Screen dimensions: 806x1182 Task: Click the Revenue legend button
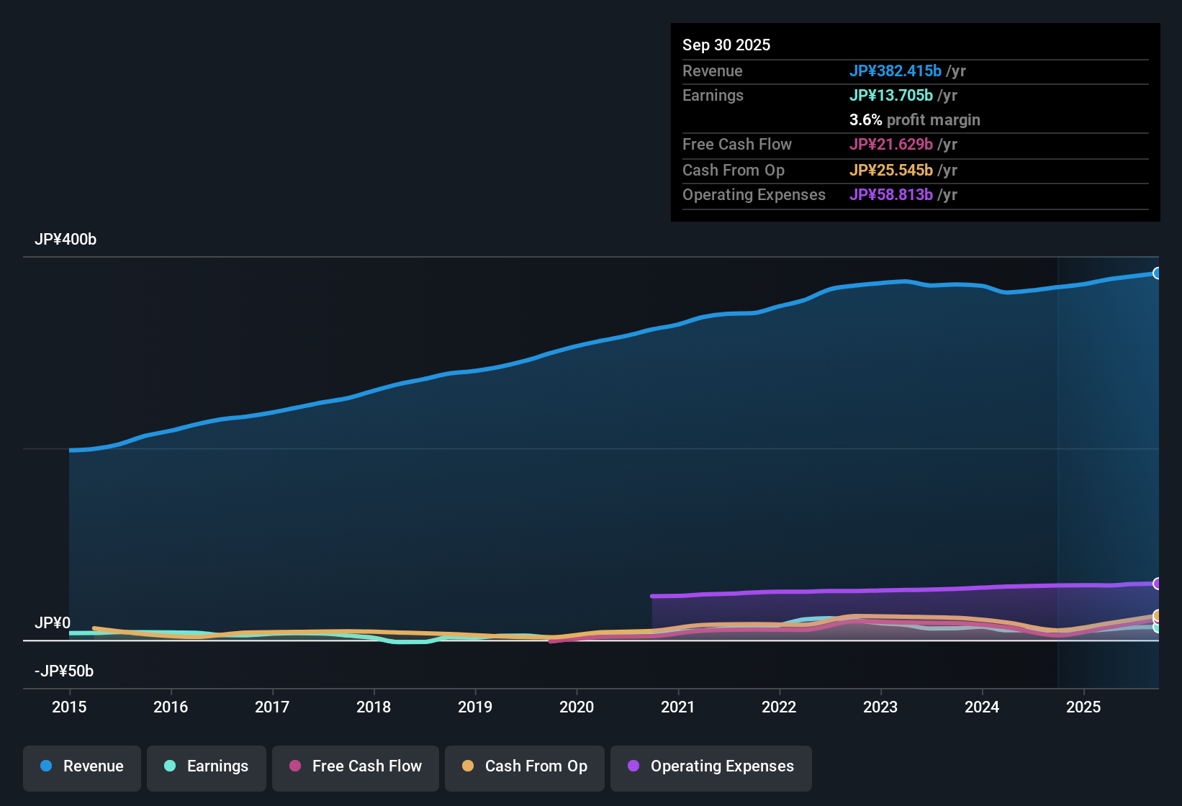click(x=82, y=766)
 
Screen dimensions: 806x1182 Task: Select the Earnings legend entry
click(x=207, y=766)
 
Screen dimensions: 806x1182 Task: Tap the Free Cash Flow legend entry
click(x=356, y=766)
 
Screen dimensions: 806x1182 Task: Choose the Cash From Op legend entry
click(x=525, y=766)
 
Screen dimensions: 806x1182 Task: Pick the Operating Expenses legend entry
click(x=711, y=766)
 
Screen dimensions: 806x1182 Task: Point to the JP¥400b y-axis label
click(x=66, y=240)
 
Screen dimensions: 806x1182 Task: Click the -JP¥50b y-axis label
click(x=64, y=671)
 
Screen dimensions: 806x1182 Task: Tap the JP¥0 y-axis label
click(x=53, y=623)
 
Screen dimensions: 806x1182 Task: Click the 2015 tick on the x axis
click(x=69, y=707)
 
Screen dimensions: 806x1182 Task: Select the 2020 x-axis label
click(x=577, y=707)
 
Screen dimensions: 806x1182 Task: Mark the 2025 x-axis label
click(x=1083, y=707)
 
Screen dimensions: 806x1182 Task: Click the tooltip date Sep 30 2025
click(x=726, y=45)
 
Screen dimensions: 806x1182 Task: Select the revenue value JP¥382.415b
click(x=895, y=71)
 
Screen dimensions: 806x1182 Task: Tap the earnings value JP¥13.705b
click(x=890, y=96)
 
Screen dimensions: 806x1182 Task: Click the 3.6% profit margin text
click(x=914, y=120)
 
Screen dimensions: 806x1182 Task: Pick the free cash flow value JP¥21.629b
click(x=890, y=145)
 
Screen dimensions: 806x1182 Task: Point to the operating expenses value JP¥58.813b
click(x=890, y=195)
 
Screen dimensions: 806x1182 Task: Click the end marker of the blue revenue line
click(x=1157, y=273)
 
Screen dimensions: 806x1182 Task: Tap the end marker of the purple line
click(x=1157, y=584)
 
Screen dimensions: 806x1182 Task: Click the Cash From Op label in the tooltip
click(x=734, y=171)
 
